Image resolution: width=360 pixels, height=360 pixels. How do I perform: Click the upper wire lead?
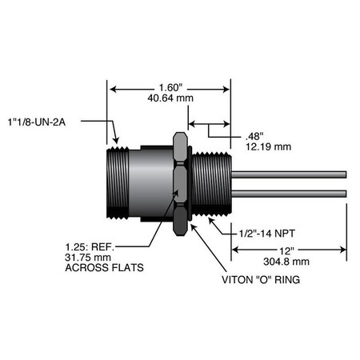click(288, 173)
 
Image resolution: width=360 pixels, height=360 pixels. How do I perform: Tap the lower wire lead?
click(288, 193)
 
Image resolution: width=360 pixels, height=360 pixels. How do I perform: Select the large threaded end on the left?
click(118, 182)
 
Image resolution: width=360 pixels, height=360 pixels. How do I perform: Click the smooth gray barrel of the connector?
click(152, 182)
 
